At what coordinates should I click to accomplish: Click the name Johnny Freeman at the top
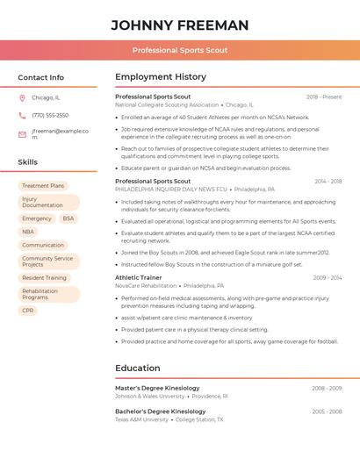pyautogui.click(x=180, y=25)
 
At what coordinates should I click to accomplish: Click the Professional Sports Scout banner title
pyautogui.click(x=180, y=50)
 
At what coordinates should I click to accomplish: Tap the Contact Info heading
pyautogui.click(x=40, y=77)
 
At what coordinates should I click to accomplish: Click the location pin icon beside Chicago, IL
pyautogui.click(x=22, y=98)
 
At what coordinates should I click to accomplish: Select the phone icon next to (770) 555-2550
pyautogui.click(x=22, y=115)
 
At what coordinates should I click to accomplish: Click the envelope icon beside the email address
pyautogui.click(x=22, y=134)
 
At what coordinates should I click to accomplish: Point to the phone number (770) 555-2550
pyautogui.click(x=50, y=115)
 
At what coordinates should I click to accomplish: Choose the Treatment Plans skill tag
pyautogui.click(x=43, y=186)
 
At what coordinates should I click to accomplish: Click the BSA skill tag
pyautogui.click(x=68, y=218)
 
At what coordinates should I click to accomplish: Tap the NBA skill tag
pyautogui.click(x=28, y=232)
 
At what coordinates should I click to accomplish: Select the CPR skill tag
pyautogui.click(x=28, y=311)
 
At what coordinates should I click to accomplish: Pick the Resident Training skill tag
pyautogui.click(x=44, y=278)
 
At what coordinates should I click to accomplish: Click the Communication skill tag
pyautogui.click(x=43, y=245)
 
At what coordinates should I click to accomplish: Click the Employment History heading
pyautogui.click(x=161, y=77)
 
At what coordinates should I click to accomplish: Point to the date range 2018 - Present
pyautogui.click(x=324, y=97)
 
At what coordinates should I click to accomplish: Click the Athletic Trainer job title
pyautogui.click(x=139, y=277)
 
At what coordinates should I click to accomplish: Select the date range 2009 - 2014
pyautogui.click(x=328, y=277)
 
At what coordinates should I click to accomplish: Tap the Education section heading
pyautogui.click(x=138, y=368)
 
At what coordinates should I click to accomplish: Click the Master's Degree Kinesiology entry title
pyautogui.click(x=161, y=387)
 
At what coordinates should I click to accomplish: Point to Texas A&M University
pyautogui.click(x=141, y=419)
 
